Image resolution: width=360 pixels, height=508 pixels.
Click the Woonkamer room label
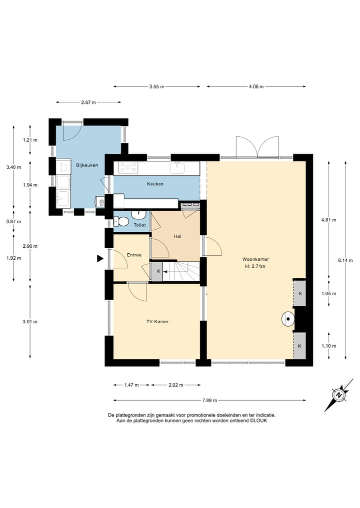pos(255,259)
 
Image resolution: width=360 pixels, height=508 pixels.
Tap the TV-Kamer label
pos(157,321)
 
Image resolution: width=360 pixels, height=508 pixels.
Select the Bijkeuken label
pos(87,165)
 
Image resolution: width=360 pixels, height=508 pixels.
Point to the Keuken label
pos(155,184)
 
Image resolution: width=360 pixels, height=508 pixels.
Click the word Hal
pos(177,236)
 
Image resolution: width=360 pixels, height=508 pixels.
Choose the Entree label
pos(134,255)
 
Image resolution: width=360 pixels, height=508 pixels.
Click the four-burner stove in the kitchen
pos(128,167)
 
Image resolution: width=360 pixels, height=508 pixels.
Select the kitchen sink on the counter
pos(177,168)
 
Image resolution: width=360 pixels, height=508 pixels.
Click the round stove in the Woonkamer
pos(287,319)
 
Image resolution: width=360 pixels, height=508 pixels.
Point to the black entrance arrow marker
pos(100,258)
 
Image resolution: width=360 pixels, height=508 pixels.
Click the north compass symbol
pos(339,395)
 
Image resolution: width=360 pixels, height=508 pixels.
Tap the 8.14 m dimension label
pos(345,260)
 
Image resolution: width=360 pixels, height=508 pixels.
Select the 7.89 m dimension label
pos(209,401)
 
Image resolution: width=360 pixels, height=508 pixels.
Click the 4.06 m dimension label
pos(256,86)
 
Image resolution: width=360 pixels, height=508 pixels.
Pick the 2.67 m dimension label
pos(88,102)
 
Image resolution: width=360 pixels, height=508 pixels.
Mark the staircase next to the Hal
pos(181,272)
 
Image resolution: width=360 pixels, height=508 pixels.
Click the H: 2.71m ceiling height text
pos(255,267)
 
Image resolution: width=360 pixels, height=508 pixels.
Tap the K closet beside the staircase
pos(158,271)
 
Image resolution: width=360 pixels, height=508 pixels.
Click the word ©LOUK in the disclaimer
pos(258,421)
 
